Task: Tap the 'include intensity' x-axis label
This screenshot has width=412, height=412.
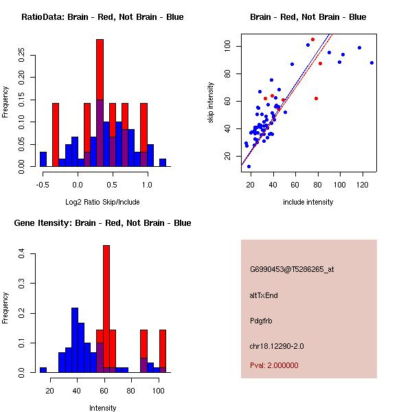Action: pos(308,202)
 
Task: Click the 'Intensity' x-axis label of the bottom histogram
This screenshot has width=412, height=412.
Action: pos(102,408)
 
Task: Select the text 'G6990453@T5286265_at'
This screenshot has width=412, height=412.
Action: pos(292,270)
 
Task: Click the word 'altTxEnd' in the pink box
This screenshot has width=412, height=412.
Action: pos(264,295)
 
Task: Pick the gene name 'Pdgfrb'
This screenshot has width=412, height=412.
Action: pos(262,321)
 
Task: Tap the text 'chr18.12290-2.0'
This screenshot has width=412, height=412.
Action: pos(277,345)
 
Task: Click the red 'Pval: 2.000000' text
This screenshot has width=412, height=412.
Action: pos(274,365)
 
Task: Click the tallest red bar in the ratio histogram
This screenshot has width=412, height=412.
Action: pos(100,69)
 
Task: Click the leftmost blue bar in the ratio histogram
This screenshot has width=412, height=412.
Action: pos(43,159)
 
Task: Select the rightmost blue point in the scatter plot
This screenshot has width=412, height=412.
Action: pos(371,62)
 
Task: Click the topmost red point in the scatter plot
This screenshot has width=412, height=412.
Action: pos(312,40)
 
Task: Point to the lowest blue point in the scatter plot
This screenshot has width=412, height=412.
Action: pos(249,166)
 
